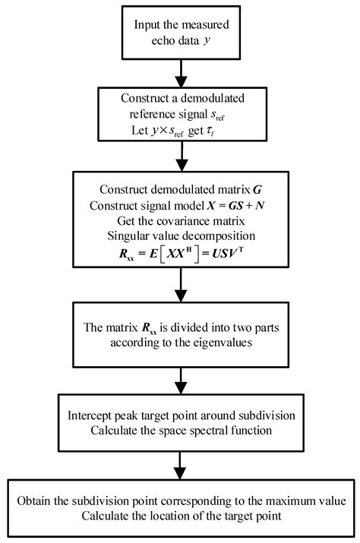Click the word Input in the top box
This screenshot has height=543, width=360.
[147, 24]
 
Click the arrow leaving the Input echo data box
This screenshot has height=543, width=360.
[179, 72]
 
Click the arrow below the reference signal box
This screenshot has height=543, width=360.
[179, 160]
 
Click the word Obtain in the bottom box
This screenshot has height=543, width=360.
[39, 502]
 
